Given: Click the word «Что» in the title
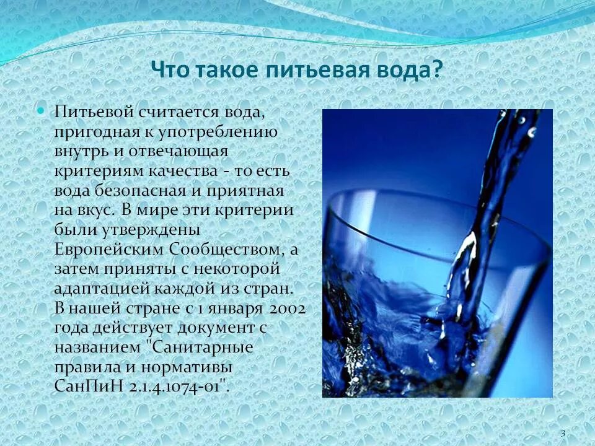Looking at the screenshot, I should coord(169,70).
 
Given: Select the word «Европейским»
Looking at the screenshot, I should coord(107,250).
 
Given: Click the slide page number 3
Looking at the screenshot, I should coord(562,433).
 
